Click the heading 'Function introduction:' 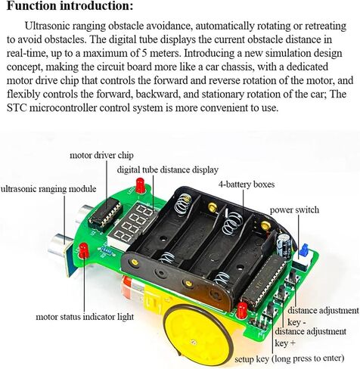70,5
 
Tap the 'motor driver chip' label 101,155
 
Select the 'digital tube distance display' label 167,170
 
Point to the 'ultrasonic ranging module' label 48,189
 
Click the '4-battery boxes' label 247,184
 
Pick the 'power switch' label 294,210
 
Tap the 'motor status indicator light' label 85,317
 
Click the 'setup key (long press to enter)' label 289,358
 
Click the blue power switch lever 305,249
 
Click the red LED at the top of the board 140,185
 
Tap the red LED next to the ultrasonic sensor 84,250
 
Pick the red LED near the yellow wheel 242,310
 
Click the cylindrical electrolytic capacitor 284,245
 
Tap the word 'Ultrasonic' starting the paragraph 48,26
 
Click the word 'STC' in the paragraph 17,108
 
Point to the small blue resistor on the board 107,251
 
